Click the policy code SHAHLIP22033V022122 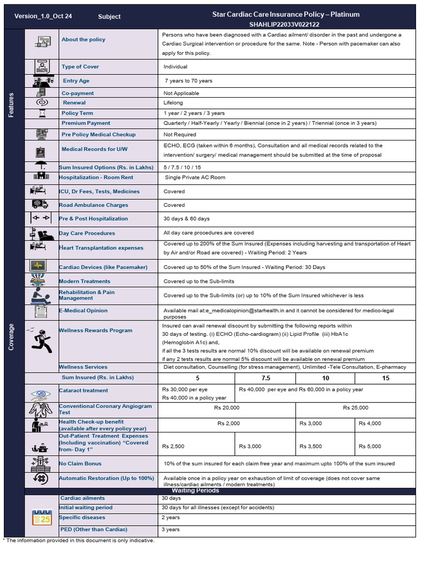[285, 25]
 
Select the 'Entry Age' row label [76, 81]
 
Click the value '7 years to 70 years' [188, 81]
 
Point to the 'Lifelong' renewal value [173, 103]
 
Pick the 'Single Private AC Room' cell [195, 177]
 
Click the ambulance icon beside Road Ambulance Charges [40, 205]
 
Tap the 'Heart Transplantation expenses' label [101, 248]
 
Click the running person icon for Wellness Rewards [42, 341]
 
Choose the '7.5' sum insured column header [265, 378]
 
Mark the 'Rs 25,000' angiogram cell [355, 408]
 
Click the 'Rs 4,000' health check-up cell [369, 423]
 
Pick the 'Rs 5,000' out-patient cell [370, 446]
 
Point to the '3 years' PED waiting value [170, 530]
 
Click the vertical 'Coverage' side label [12, 335]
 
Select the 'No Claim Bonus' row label [81, 464]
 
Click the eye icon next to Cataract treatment [41, 394]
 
